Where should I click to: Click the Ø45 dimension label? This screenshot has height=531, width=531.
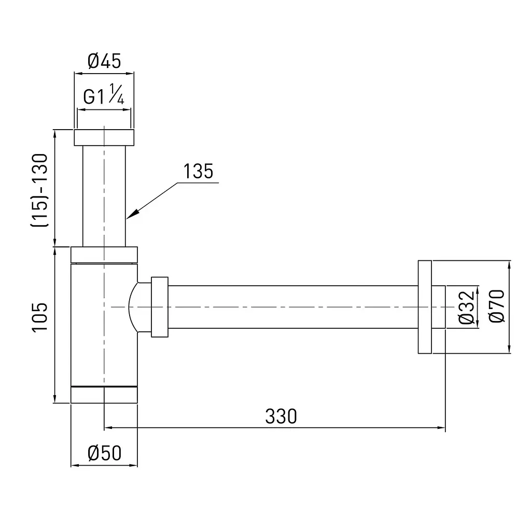(104, 61)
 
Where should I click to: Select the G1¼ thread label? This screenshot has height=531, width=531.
(104, 94)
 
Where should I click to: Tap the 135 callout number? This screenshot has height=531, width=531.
(198, 171)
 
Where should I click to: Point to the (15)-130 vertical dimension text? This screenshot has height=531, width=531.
(40, 190)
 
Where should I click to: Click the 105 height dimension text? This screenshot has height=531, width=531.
(40, 317)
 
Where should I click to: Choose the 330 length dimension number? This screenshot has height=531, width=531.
(281, 416)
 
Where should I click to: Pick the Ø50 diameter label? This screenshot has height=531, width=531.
(104, 453)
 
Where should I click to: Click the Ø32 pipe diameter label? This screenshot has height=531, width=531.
(466, 307)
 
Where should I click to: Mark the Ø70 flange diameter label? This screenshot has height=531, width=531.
(496, 306)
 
